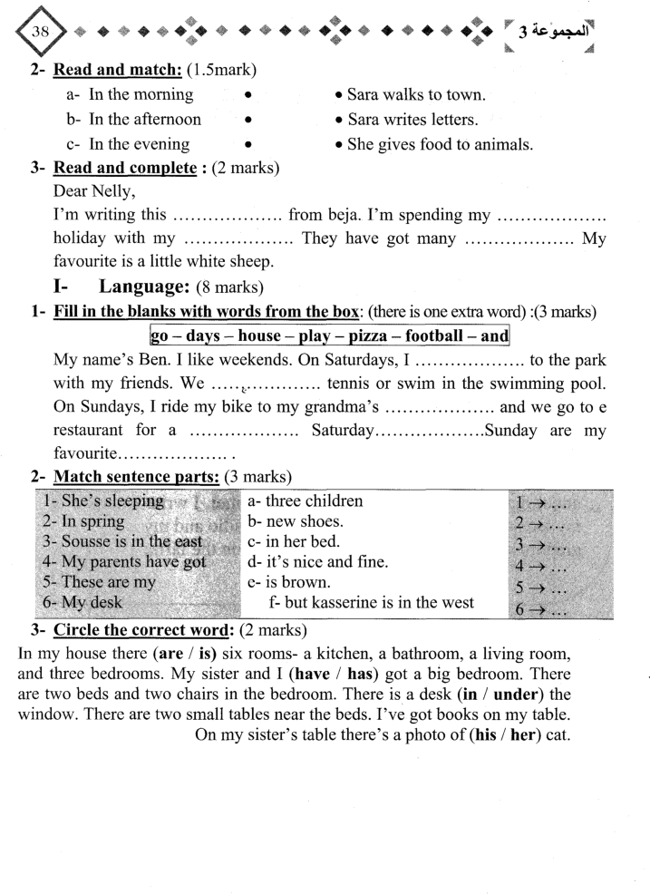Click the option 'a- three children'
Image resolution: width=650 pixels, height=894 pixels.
304,500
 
